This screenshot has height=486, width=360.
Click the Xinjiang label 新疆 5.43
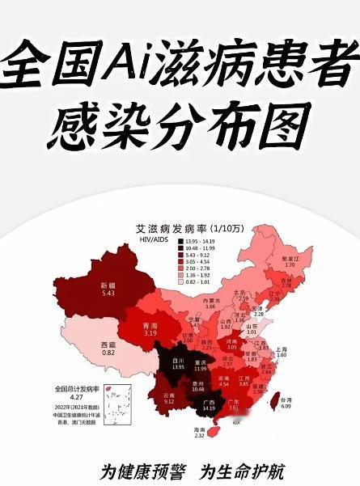click(108, 289)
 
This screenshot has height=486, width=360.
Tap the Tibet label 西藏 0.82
click(108, 349)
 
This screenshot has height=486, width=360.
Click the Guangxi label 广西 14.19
click(210, 406)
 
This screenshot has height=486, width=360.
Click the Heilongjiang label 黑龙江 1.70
click(291, 260)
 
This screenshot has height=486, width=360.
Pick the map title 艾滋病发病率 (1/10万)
click(189, 230)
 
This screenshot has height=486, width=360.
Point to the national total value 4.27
click(72, 397)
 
